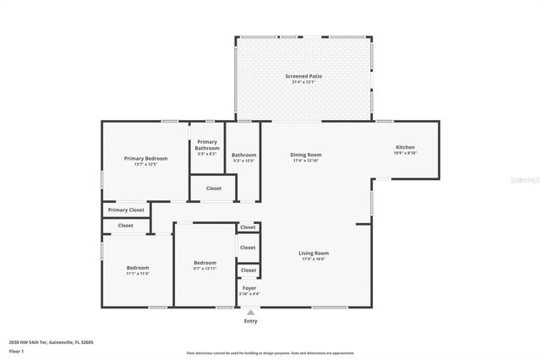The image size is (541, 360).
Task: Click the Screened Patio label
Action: tap(303, 76)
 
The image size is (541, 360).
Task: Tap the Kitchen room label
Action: tap(405, 148)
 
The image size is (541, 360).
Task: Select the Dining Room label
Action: tap(306, 155)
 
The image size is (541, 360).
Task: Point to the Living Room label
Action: tap(314, 254)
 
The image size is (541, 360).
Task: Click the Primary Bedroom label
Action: tap(145, 159)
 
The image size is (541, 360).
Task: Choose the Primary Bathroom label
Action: tap(207, 145)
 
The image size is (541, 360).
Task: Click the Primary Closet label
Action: tap(126, 210)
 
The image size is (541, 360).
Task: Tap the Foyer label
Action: tap(249, 288)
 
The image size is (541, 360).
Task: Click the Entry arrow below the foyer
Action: tap(250, 311)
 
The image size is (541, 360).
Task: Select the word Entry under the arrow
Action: tap(250, 321)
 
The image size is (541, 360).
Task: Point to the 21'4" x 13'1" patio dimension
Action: tap(303, 82)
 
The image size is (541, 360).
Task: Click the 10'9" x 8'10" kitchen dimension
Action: tap(405, 154)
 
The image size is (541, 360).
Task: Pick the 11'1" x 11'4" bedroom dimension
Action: tap(138, 274)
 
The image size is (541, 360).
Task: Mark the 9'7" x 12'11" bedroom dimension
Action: tap(205, 269)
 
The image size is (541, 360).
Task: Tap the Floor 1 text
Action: tap(17, 351)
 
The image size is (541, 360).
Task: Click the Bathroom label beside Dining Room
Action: tap(244, 155)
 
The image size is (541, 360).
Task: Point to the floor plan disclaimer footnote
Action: tap(270, 352)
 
